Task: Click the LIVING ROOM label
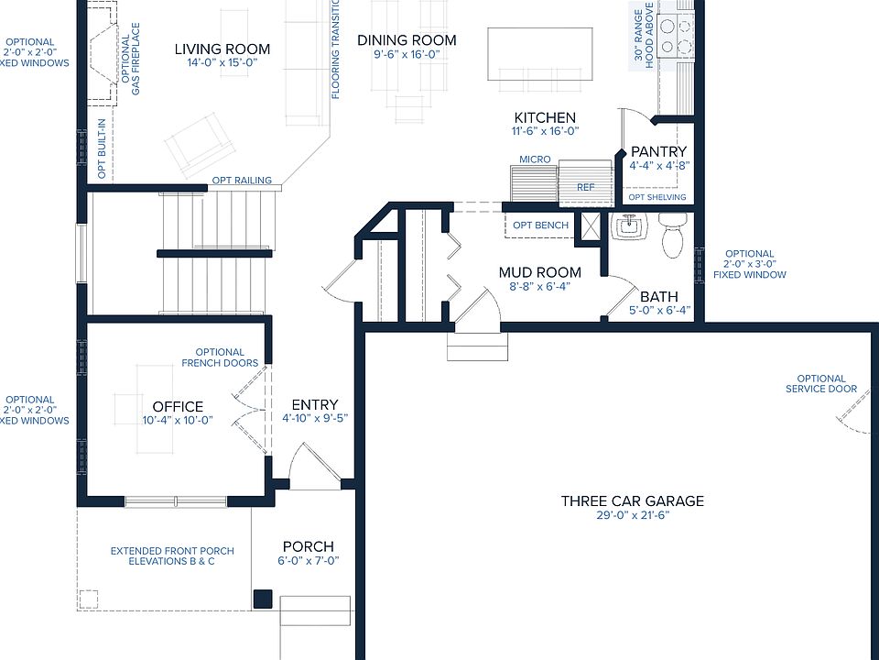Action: [x=222, y=49]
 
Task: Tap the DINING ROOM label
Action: [x=407, y=40]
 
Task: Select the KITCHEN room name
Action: [x=545, y=118]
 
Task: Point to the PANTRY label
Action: [x=658, y=151]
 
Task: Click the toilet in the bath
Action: [x=672, y=235]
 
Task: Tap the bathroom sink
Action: [x=628, y=226]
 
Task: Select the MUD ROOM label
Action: [x=540, y=273]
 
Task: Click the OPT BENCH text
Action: [x=540, y=225]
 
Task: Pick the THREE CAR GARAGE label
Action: [x=633, y=501]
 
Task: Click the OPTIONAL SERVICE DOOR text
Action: [x=821, y=384]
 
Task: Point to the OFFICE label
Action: [x=178, y=407]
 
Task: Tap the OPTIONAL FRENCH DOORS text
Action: [x=220, y=357]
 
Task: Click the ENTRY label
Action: [x=315, y=405]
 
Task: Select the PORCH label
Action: [x=309, y=546]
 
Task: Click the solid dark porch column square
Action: [x=263, y=599]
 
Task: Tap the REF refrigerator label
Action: [x=586, y=187]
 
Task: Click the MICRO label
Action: [x=535, y=159]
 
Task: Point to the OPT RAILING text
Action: [x=242, y=181]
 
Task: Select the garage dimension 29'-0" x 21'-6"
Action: [x=633, y=515]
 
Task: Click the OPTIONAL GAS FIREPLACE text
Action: [x=131, y=59]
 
